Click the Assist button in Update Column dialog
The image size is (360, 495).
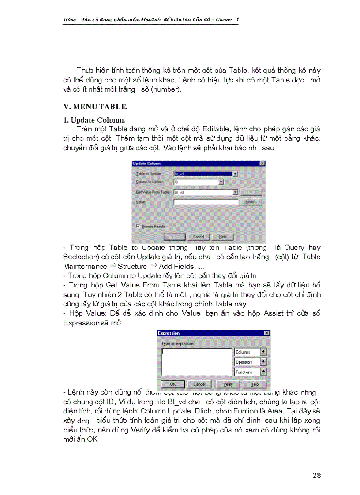point(252,202)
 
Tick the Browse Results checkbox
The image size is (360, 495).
point(138,226)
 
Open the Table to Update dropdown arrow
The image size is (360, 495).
point(235,174)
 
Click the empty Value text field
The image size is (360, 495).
point(206,202)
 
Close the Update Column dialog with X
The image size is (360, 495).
point(262,163)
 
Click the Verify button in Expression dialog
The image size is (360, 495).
point(228,384)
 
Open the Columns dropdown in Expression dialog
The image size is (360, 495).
point(250,352)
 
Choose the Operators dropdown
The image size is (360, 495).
point(250,362)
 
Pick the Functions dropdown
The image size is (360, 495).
point(250,372)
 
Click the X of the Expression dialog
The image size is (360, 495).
point(266,333)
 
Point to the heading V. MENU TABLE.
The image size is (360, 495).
point(90,107)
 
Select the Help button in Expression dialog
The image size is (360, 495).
point(255,384)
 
